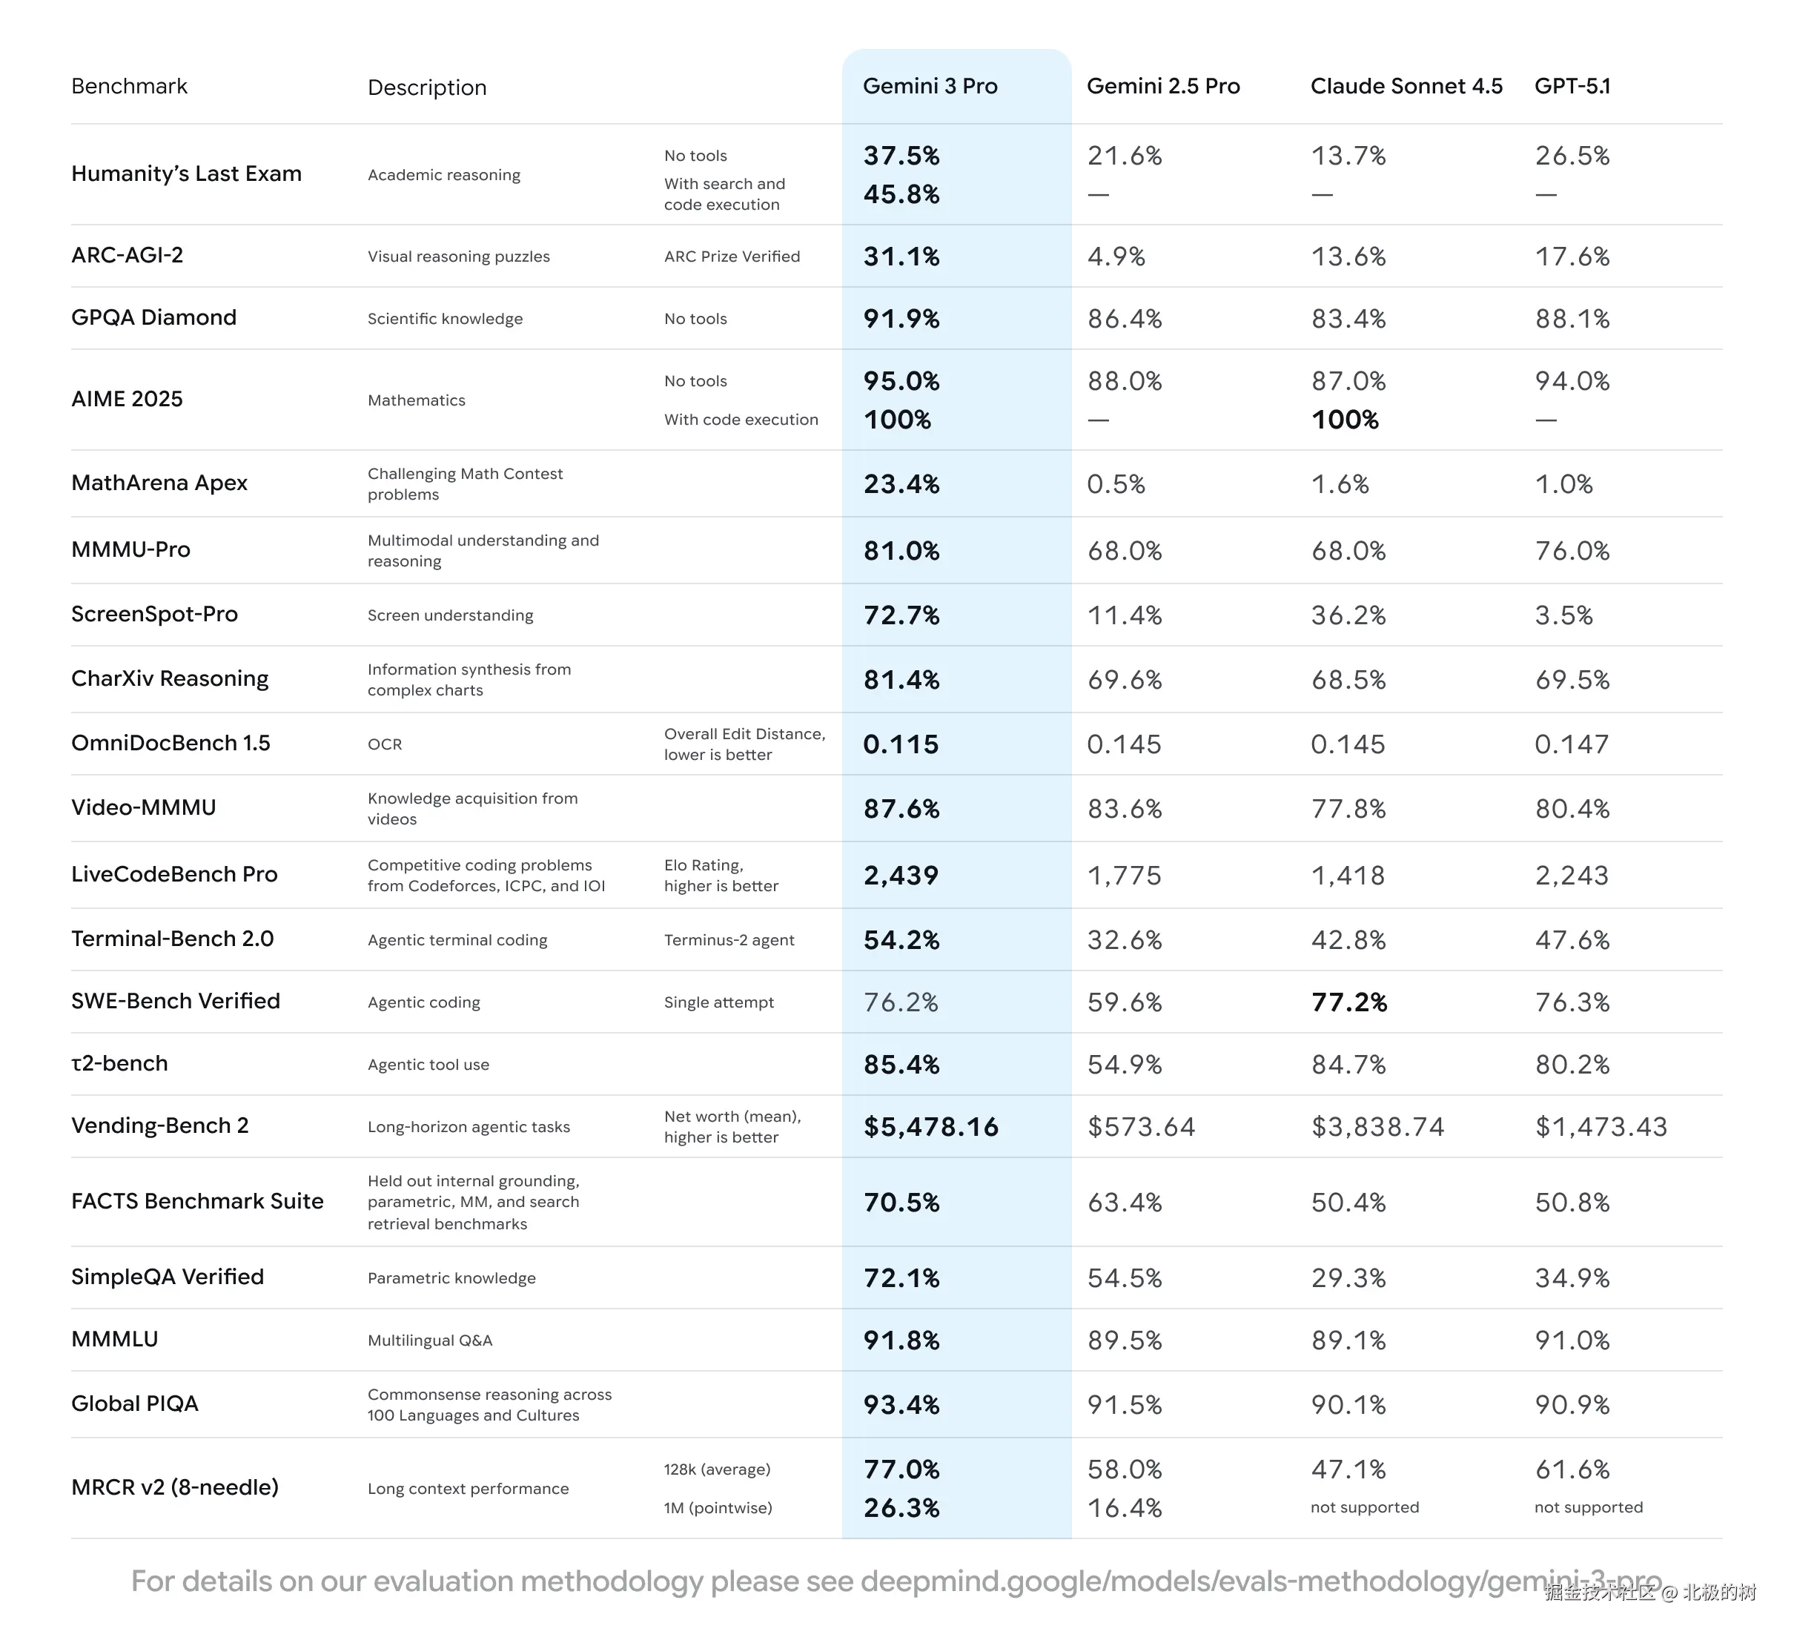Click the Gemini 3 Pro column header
(x=930, y=86)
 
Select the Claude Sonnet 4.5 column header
(x=1406, y=86)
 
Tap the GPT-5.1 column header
(x=1572, y=86)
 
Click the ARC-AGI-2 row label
(x=128, y=255)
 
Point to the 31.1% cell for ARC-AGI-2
(x=901, y=257)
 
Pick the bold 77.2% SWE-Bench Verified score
(x=1349, y=1003)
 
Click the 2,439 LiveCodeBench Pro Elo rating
(x=901, y=876)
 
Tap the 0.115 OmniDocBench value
(x=901, y=745)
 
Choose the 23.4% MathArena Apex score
(x=901, y=484)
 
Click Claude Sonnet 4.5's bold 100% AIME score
(x=1345, y=420)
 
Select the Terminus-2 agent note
(x=729, y=941)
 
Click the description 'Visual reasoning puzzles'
(x=458, y=257)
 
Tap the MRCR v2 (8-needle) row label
(x=174, y=1487)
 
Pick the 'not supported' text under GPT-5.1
(x=1589, y=1507)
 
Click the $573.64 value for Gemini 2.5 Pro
(x=1141, y=1128)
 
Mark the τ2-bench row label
(x=119, y=1063)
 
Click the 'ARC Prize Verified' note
(x=732, y=257)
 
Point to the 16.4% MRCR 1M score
(x=1125, y=1508)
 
